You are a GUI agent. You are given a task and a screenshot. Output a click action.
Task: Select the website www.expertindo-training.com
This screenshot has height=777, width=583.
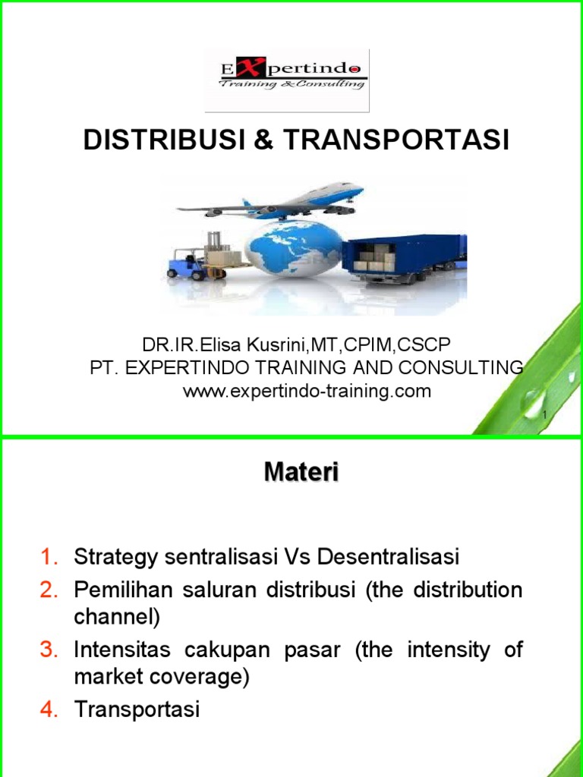pyautogui.click(x=307, y=392)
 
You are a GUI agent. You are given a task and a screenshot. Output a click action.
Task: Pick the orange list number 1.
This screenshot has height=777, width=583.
pyautogui.click(x=49, y=557)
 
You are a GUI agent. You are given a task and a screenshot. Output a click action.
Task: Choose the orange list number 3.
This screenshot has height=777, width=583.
pyautogui.click(x=49, y=650)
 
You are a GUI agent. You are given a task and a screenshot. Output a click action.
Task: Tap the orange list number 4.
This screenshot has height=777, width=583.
pyautogui.click(x=49, y=709)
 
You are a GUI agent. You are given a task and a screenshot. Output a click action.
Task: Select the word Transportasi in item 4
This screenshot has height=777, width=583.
pyautogui.click(x=137, y=709)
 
